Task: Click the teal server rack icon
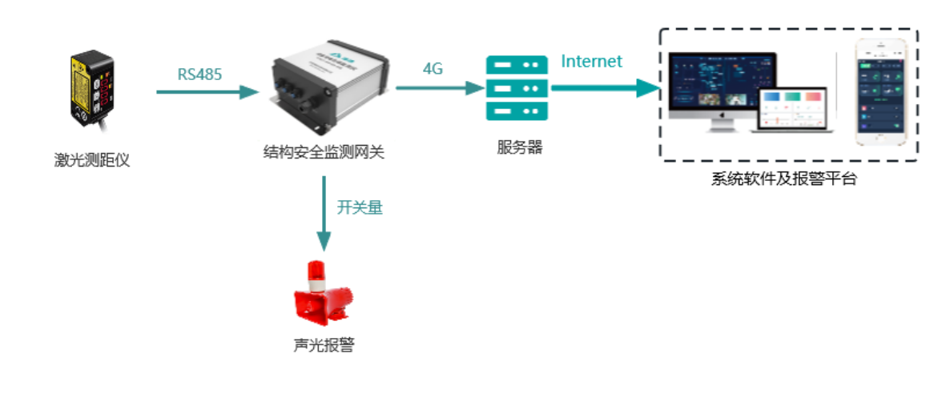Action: [x=517, y=87]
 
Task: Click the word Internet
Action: [x=591, y=61]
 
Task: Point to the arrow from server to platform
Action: [x=605, y=87]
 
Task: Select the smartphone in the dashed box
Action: [x=880, y=91]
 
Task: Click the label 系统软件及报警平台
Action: [x=783, y=179]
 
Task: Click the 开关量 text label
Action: [x=360, y=208]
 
